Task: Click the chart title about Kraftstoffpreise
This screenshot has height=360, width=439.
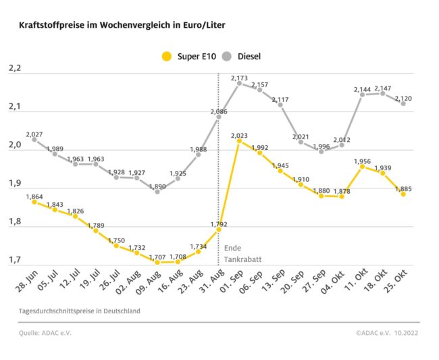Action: pos(122,25)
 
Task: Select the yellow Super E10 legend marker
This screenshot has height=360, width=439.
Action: pos(166,56)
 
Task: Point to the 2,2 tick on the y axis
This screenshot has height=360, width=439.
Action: pos(15,69)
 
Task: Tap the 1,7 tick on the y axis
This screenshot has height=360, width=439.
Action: pos(15,260)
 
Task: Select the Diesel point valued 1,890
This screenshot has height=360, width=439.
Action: pos(157,191)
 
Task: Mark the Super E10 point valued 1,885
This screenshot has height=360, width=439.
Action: pos(403,193)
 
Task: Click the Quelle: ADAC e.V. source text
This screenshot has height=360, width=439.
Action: pos(45,332)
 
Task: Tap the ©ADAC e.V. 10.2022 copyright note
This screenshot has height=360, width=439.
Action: pos(387,332)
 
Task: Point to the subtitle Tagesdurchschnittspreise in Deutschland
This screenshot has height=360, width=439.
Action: pos(80,311)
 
